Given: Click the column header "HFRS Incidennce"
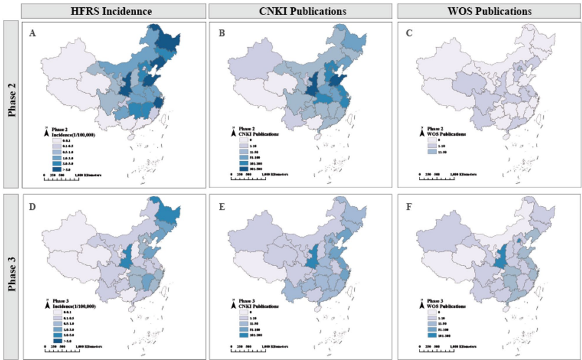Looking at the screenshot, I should tap(112, 11).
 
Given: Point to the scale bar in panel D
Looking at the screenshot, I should tap(72, 350).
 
